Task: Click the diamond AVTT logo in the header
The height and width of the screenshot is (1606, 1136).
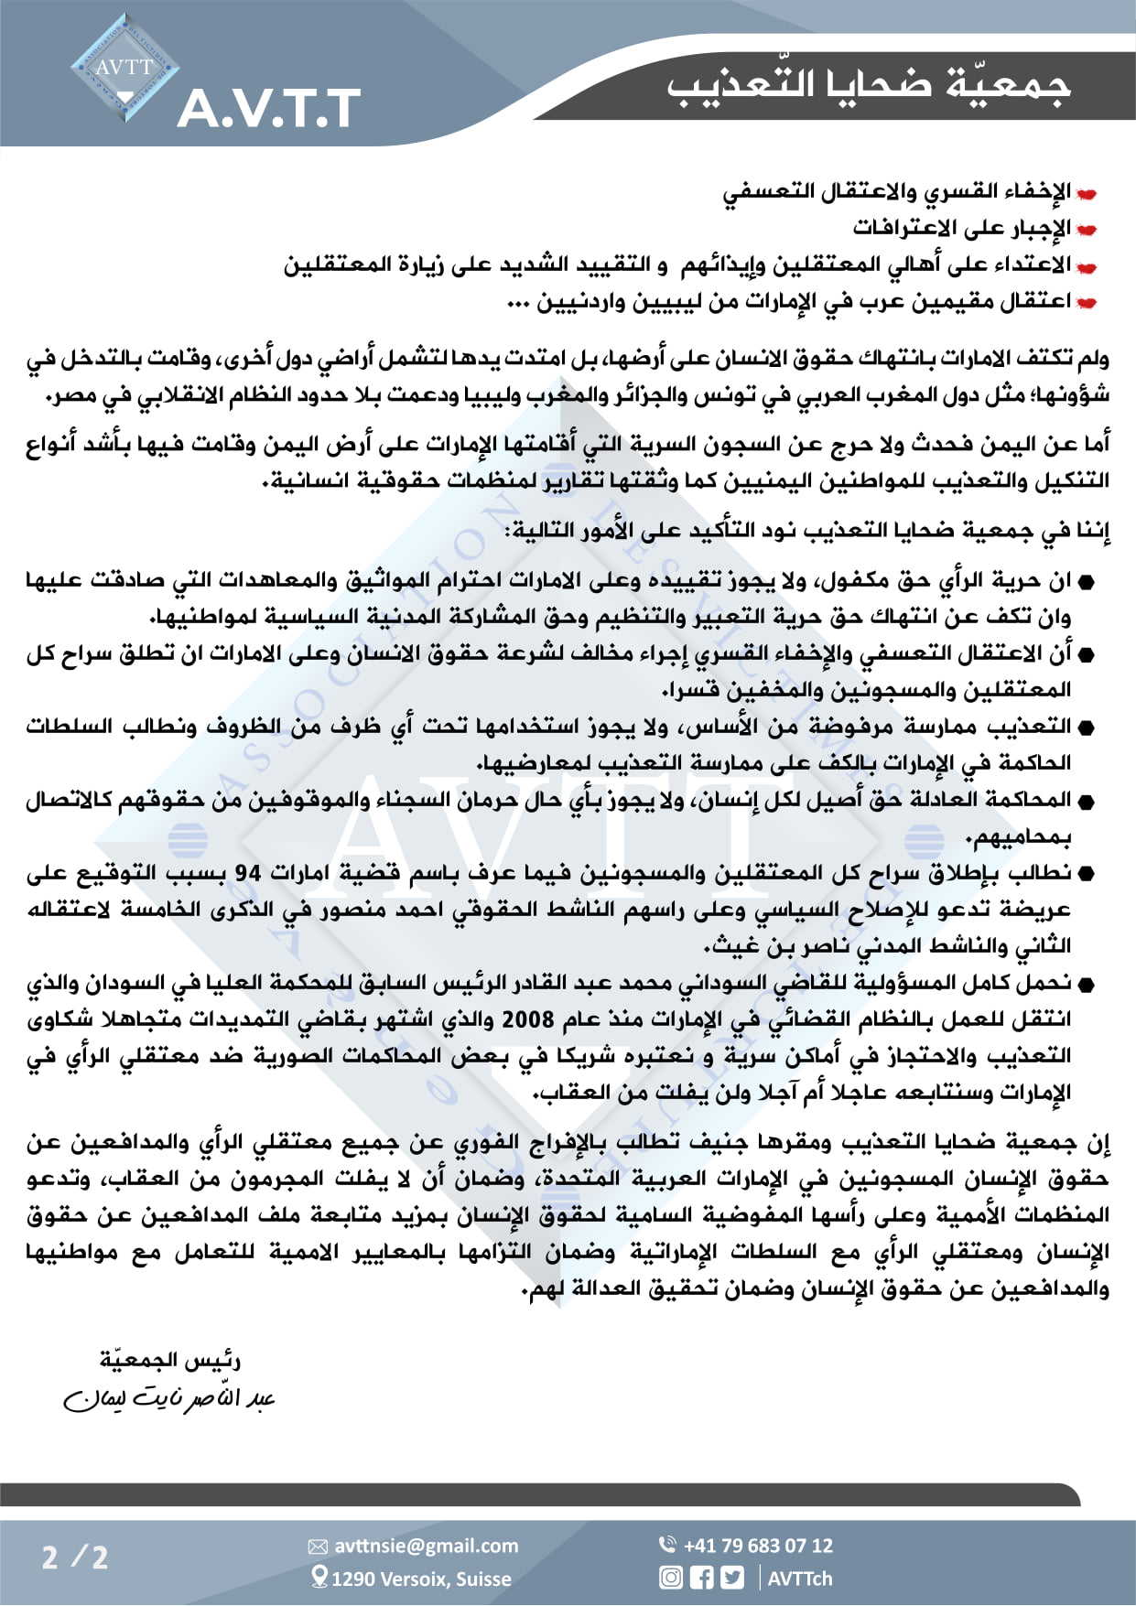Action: click(x=124, y=68)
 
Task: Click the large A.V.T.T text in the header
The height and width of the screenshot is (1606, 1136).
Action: click(x=269, y=109)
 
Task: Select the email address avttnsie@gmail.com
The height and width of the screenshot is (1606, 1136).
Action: click(x=426, y=1546)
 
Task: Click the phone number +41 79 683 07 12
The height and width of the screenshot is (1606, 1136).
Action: click(x=758, y=1546)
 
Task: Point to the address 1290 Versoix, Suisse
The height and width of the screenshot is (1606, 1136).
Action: click(x=421, y=1579)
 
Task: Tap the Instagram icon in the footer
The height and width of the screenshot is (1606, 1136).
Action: click(x=671, y=1578)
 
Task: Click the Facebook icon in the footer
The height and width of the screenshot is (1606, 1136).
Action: click(x=701, y=1578)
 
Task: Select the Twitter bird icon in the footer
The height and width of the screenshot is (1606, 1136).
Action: click(x=732, y=1578)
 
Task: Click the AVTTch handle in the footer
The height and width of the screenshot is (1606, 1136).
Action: click(x=800, y=1579)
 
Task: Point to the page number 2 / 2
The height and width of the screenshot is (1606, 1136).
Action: click(x=75, y=1557)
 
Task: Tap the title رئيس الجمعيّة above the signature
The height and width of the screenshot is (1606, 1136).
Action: click(x=170, y=1361)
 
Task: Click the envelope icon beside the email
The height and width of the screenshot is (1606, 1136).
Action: click(x=318, y=1547)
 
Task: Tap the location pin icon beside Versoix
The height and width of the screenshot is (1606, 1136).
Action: click(x=319, y=1576)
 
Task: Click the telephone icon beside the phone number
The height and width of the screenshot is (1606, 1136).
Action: click(x=667, y=1544)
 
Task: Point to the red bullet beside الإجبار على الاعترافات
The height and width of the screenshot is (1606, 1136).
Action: click(x=1087, y=229)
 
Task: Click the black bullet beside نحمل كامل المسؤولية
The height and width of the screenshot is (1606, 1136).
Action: click(x=1087, y=985)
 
